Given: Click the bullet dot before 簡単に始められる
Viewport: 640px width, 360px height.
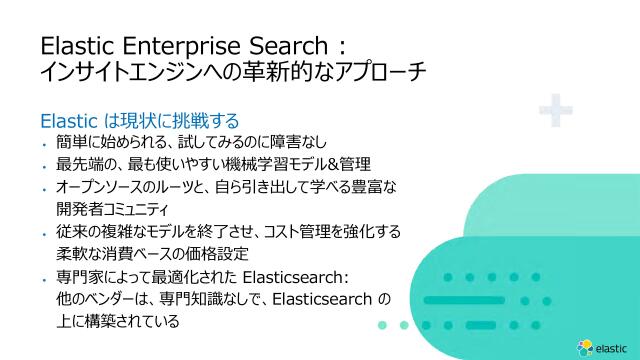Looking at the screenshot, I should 44,143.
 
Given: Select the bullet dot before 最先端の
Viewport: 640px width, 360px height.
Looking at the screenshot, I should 44,166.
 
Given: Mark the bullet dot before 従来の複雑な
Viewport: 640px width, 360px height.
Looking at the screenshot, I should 44,233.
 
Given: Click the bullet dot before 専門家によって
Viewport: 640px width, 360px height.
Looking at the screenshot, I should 44,278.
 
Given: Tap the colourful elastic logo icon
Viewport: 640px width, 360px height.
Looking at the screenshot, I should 586,347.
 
